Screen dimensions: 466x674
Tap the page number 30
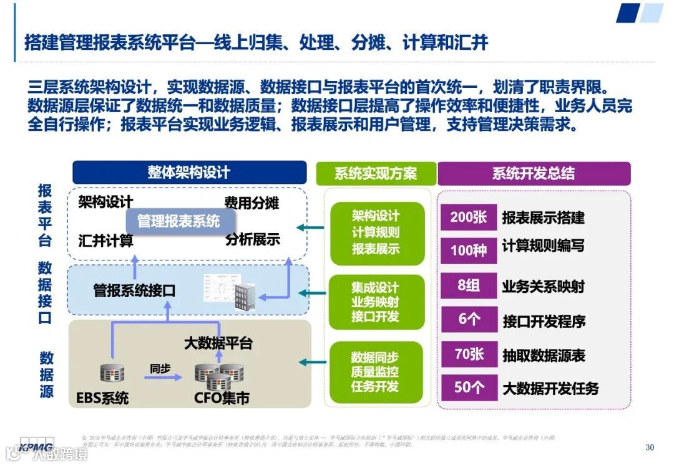click(650, 447)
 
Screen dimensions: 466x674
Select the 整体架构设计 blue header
click(189, 173)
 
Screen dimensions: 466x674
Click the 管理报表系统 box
click(178, 221)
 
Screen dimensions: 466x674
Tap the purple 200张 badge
click(469, 217)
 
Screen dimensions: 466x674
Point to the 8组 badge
click(469, 286)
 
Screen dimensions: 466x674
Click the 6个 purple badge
click(469, 320)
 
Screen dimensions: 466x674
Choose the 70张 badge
click(469, 354)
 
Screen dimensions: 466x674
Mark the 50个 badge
click(469, 388)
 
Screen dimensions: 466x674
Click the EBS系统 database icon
click(113, 374)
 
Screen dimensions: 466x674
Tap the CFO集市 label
click(222, 398)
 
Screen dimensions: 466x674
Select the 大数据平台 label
click(218, 343)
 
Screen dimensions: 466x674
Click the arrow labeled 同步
click(161, 377)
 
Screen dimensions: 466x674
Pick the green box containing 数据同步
click(374, 371)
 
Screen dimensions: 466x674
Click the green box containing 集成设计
click(374, 302)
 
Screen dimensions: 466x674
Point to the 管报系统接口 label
click(134, 290)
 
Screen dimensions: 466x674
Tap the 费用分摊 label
click(252, 202)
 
